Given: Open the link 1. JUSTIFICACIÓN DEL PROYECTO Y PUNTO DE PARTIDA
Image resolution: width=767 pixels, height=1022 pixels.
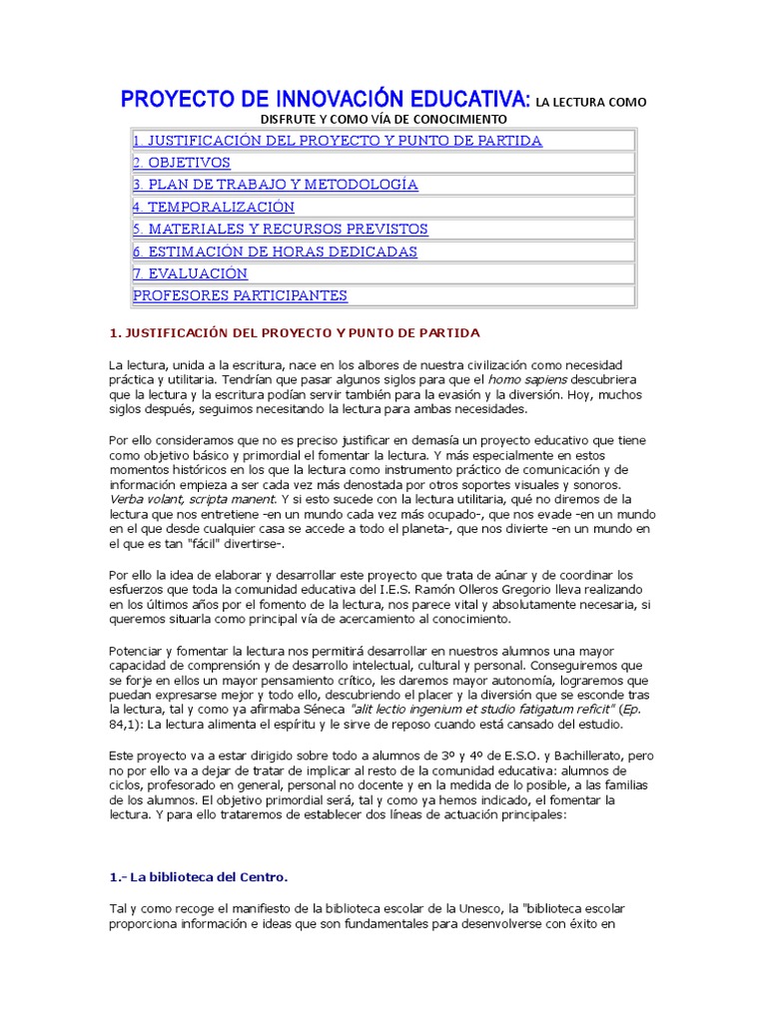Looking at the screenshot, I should pos(338,141).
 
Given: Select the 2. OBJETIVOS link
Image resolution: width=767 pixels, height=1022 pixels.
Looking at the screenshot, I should pos(182,163).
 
